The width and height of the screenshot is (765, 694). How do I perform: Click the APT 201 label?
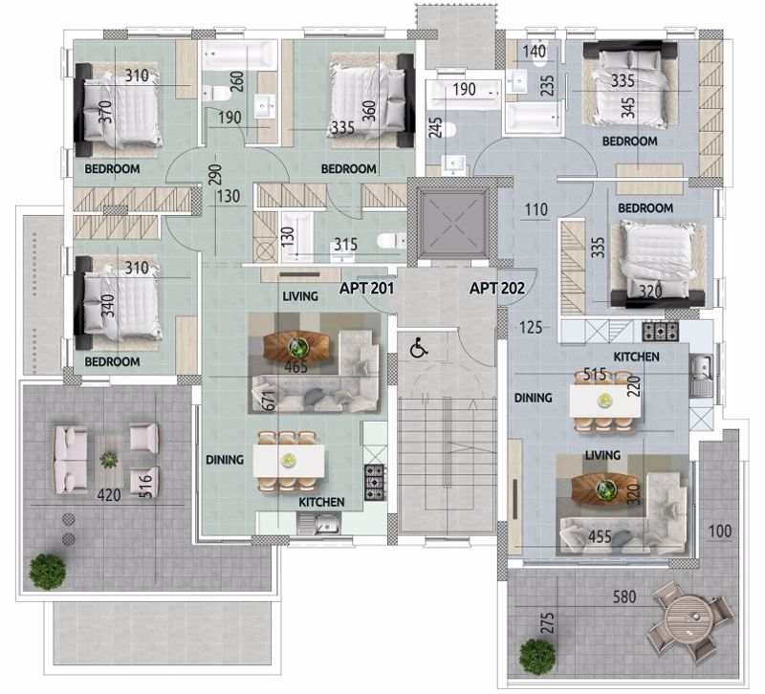pos(366,289)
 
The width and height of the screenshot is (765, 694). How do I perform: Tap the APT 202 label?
pos(496,289)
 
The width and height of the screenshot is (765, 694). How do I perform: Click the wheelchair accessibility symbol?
pos(419,348)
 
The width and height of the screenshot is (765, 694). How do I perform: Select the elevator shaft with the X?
pos(454,224)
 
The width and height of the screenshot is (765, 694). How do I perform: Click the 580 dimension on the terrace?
pos(624,596)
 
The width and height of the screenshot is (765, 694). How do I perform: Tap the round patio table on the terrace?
pos(689,621)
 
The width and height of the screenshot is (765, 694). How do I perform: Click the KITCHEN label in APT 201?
pos(321,502)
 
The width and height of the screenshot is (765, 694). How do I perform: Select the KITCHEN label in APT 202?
pos(636,357)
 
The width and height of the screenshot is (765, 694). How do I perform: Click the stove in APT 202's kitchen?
pos(660,331)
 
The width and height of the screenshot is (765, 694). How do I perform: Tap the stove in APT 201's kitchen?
pos(374,483)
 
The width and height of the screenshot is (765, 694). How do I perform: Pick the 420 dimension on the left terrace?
pos(109,495)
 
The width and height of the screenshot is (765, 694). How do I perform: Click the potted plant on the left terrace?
pos(47,572)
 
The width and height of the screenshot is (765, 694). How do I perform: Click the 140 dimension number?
pos(535,52)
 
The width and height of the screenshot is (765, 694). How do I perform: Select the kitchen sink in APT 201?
pos(319,524)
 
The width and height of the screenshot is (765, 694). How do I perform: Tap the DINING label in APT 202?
pos(533,398)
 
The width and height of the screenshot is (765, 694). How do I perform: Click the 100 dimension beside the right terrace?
pos(720,531)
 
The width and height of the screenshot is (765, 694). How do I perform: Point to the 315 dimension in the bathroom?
pos(345,244)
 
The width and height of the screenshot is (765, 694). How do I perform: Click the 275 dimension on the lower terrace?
pos(548,623)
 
